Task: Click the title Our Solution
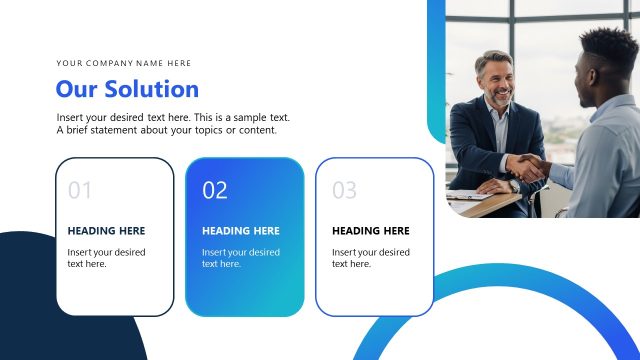coord(127,89)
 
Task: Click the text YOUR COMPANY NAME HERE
coord(123,63)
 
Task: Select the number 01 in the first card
coord(80,190)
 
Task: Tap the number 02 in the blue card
coord(215,190)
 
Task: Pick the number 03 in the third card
coord(344,190)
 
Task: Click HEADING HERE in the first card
coord(106,231)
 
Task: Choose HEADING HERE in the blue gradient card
coord(241,231)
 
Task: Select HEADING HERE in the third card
coord(371,231)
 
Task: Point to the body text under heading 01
coord(106,258)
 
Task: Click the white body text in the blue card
coord(241,258)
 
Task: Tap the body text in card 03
coord(371,258)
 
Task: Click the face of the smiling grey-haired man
coord(496,81)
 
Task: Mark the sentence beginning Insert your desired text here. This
coord(173,118)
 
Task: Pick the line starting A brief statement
coord(166,130)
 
